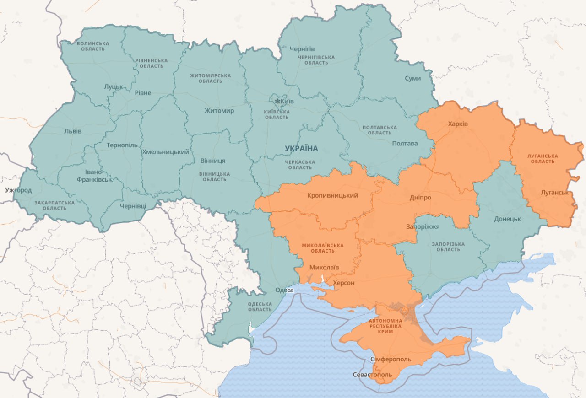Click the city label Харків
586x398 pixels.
[458, 124]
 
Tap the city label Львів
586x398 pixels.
[73, 131]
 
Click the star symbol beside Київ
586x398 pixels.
[277, 101]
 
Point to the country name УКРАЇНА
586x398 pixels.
[301, 148]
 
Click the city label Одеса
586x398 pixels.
[284, 290]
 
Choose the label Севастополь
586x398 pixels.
[372, 375]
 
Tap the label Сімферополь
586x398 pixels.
[391, 359]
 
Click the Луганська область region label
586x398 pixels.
[543, 159]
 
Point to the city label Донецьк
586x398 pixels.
[507, 219]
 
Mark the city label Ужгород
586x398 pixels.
[18, 189]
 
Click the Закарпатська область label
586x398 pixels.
[54, 205]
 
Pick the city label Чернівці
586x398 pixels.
[133, 206]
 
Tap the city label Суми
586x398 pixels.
[412, 78]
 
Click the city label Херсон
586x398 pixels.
[343, 283]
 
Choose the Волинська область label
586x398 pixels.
[93, 46]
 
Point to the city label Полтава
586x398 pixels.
[405, 143]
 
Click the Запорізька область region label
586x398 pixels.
[448, 247]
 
